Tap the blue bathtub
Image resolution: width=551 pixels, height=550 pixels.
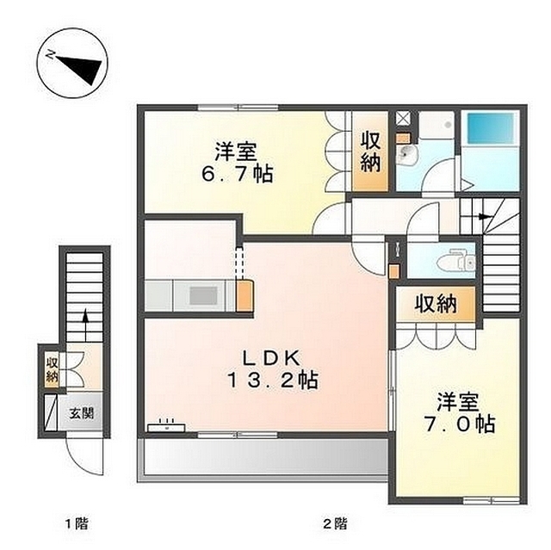(490, 128)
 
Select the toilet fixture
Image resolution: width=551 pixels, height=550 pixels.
(456, 261)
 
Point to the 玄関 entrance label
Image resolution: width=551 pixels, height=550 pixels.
(82, 413)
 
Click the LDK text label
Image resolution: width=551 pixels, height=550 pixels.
(271, 358)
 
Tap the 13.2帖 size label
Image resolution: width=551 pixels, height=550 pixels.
(273, 380)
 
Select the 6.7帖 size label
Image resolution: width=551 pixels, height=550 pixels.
(238, 173)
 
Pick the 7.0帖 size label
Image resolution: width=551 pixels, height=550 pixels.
(460, 424)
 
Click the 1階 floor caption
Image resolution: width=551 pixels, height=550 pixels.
(77, 524)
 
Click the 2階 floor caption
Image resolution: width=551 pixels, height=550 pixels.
(335, 524)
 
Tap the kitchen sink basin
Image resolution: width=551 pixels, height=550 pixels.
(203, 295)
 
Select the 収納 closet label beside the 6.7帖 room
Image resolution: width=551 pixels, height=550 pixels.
(371, 152)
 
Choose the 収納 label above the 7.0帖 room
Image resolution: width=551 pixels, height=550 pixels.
(436, 304)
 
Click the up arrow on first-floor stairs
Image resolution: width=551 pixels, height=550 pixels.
(84, 325)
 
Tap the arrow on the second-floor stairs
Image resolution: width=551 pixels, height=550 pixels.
(482, 217)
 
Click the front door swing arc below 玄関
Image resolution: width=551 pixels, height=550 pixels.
(84, 457)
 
